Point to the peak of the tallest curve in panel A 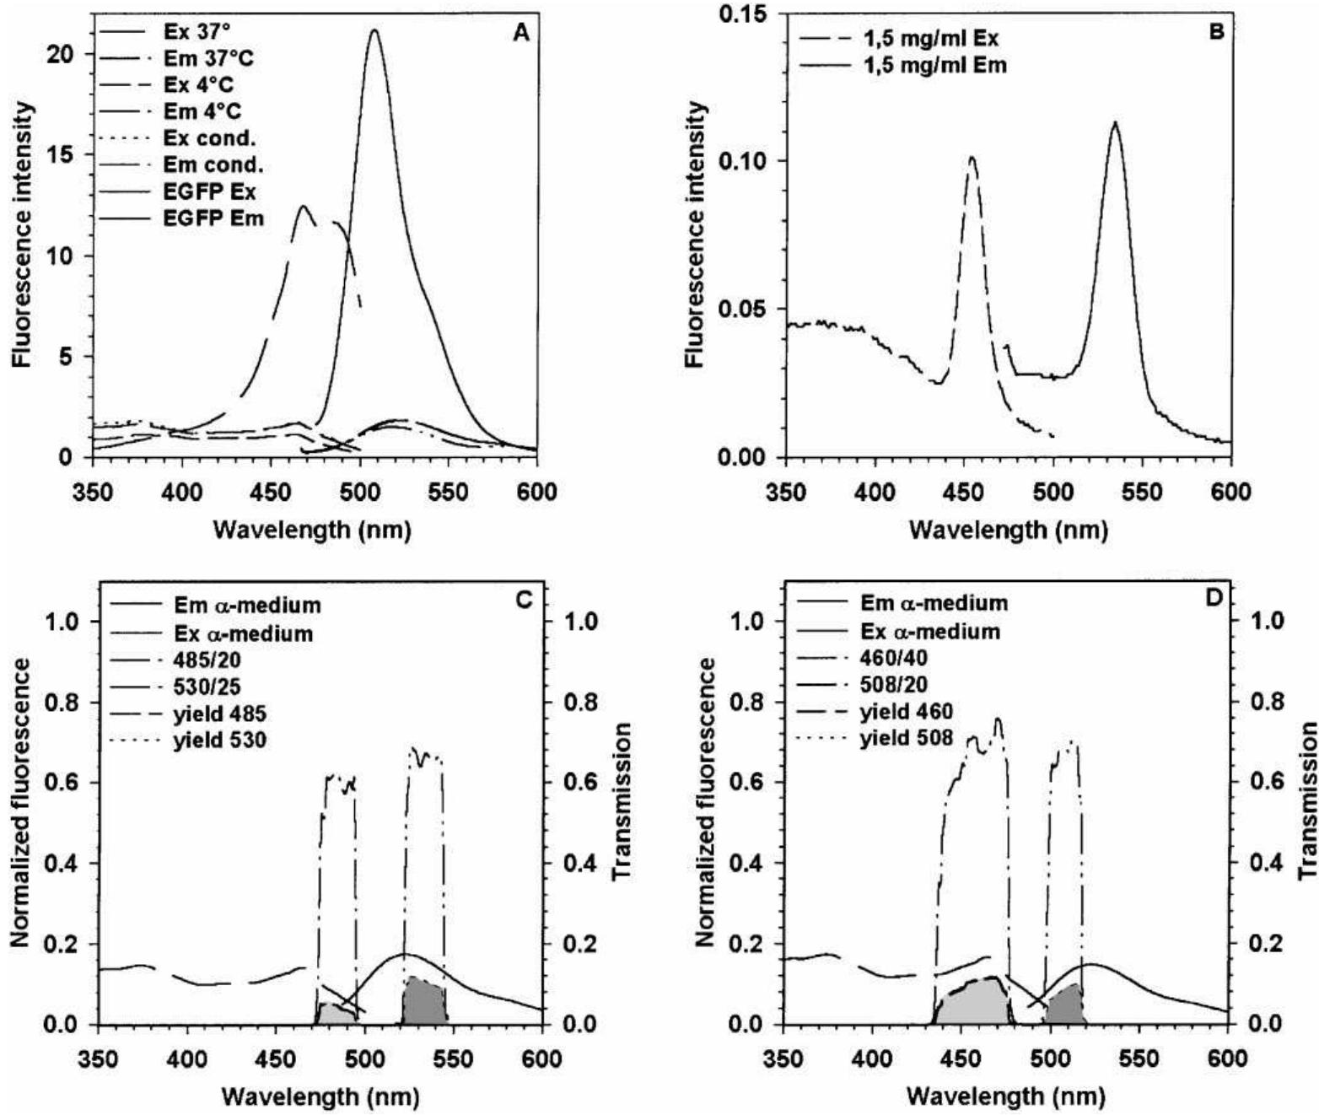pos(374,31)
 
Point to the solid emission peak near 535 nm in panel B pos(1115,124)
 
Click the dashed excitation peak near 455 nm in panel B pos(972,158)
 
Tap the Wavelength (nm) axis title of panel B pos(1008,530)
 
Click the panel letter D pos(1214,598)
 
